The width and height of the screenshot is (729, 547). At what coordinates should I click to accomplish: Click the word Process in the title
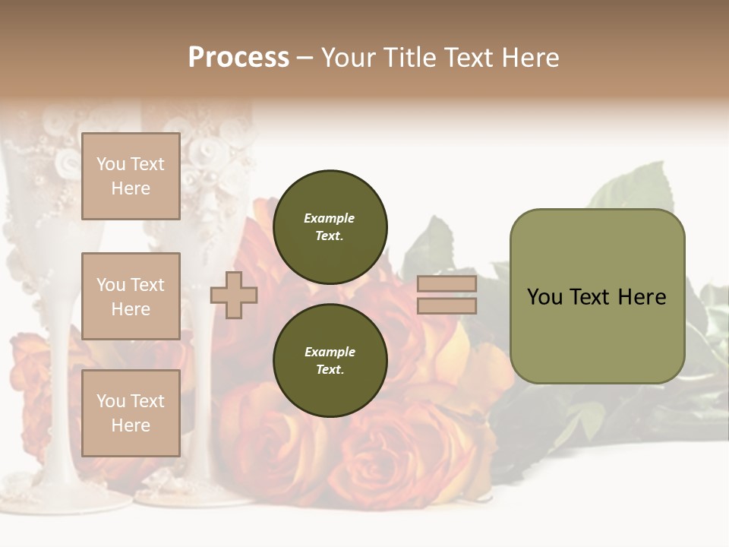coord(238,57)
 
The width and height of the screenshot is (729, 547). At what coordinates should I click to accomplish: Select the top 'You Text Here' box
coord(131,176)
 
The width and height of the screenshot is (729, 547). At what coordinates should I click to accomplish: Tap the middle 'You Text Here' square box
coord(131,296)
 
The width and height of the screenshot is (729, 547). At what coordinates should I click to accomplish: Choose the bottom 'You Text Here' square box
coord(131,413)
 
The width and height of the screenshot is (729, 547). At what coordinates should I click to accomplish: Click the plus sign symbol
coord(234,295)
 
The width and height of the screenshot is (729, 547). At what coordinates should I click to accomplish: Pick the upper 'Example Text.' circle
coord(330,226)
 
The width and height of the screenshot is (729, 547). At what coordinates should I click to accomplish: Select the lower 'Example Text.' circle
coord(330,360)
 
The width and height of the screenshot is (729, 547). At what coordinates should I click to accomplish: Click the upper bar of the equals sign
coord(447,284)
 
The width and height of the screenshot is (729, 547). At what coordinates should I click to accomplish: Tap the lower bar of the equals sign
coord(447,305)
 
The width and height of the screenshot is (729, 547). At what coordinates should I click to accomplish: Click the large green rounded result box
coord(597,296)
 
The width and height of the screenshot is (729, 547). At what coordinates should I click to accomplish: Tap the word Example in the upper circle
coord(330,218)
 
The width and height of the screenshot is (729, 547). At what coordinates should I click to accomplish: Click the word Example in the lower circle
coord(330,352)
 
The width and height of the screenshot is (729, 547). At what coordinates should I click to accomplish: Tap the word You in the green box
coord(545,297)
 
